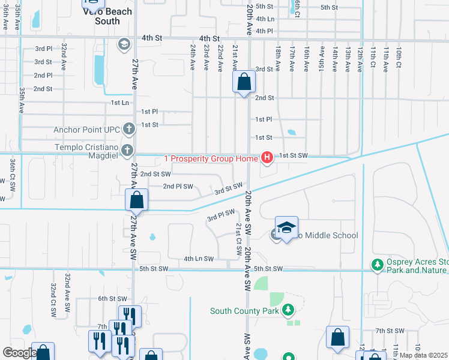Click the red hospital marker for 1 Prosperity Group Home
tap(267, 158)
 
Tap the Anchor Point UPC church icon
tap(128, 128)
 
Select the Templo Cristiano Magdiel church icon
tap(127, 149)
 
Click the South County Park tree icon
tap(289, 310)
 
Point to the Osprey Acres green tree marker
tap(377, 264)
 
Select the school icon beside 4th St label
tap(124, 43)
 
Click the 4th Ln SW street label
tap(199, 259)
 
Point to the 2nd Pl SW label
tap(178, 187)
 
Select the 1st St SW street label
tap(293, 155)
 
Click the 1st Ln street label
tap(120, 103)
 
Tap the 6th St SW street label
tap(113, 298)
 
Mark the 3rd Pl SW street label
tap(220, 215)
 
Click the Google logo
tap(19, 353)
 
